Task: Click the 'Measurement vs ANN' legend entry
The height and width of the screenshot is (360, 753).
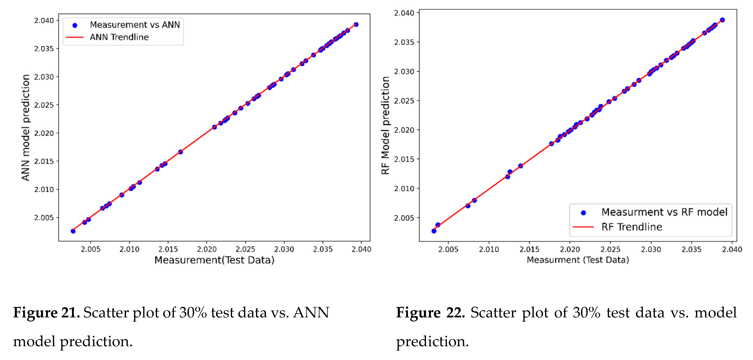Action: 134,25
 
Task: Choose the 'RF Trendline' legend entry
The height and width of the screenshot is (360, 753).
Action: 631,227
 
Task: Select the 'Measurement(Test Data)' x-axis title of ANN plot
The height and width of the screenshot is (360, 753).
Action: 214,260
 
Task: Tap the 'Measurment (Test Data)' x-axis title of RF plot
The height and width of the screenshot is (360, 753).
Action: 578,260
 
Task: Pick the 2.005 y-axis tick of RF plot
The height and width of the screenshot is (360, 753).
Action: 404,218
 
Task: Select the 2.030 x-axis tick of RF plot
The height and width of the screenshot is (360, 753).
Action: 651,249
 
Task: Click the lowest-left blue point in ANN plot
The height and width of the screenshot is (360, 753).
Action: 73,231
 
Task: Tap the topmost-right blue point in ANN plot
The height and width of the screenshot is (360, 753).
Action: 356,25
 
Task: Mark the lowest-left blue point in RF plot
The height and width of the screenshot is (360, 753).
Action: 434,231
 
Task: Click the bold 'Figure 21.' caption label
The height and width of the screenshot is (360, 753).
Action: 46,313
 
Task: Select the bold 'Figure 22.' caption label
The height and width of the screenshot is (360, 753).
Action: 430,313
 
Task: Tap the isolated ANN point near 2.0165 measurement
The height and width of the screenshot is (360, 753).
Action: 181,152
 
